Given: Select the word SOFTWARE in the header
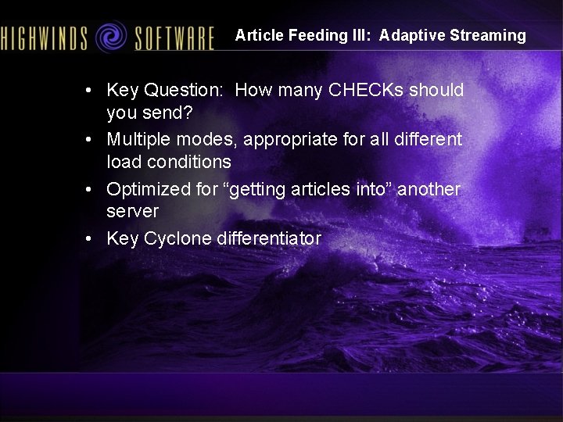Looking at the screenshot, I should point(174,38).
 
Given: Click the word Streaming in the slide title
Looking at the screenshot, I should point(488,35).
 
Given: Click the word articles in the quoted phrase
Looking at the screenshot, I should point(306,189).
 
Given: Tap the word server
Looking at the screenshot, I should point(132,212).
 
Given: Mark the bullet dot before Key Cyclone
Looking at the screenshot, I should point(91,238).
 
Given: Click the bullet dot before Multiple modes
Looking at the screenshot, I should point(91,140).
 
